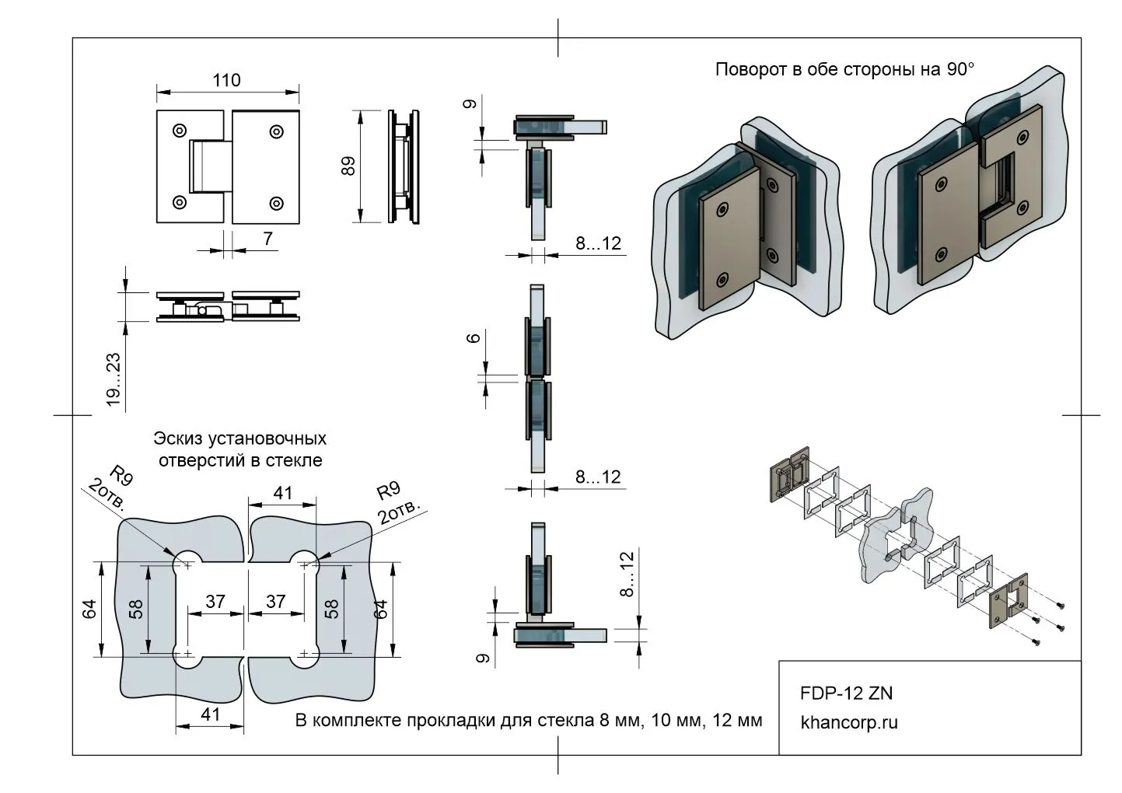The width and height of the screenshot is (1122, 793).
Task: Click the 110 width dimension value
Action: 226,80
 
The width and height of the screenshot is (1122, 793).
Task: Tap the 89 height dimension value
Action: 348,166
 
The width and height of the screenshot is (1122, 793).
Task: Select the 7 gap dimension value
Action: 268,239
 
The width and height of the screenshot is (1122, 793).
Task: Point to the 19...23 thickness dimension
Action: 114,379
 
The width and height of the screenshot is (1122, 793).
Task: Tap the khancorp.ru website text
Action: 848,722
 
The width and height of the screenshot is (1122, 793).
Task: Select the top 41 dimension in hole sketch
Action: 282,492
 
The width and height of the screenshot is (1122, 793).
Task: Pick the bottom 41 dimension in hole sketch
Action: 211,714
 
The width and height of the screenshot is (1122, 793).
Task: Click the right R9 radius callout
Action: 388,491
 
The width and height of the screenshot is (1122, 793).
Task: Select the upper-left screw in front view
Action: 180,130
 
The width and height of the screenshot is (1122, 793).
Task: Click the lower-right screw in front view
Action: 276,203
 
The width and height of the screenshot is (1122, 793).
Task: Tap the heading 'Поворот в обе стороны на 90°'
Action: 844,69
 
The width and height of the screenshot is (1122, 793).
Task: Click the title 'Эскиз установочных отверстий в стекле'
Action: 240,449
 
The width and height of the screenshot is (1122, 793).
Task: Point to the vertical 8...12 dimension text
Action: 628,572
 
